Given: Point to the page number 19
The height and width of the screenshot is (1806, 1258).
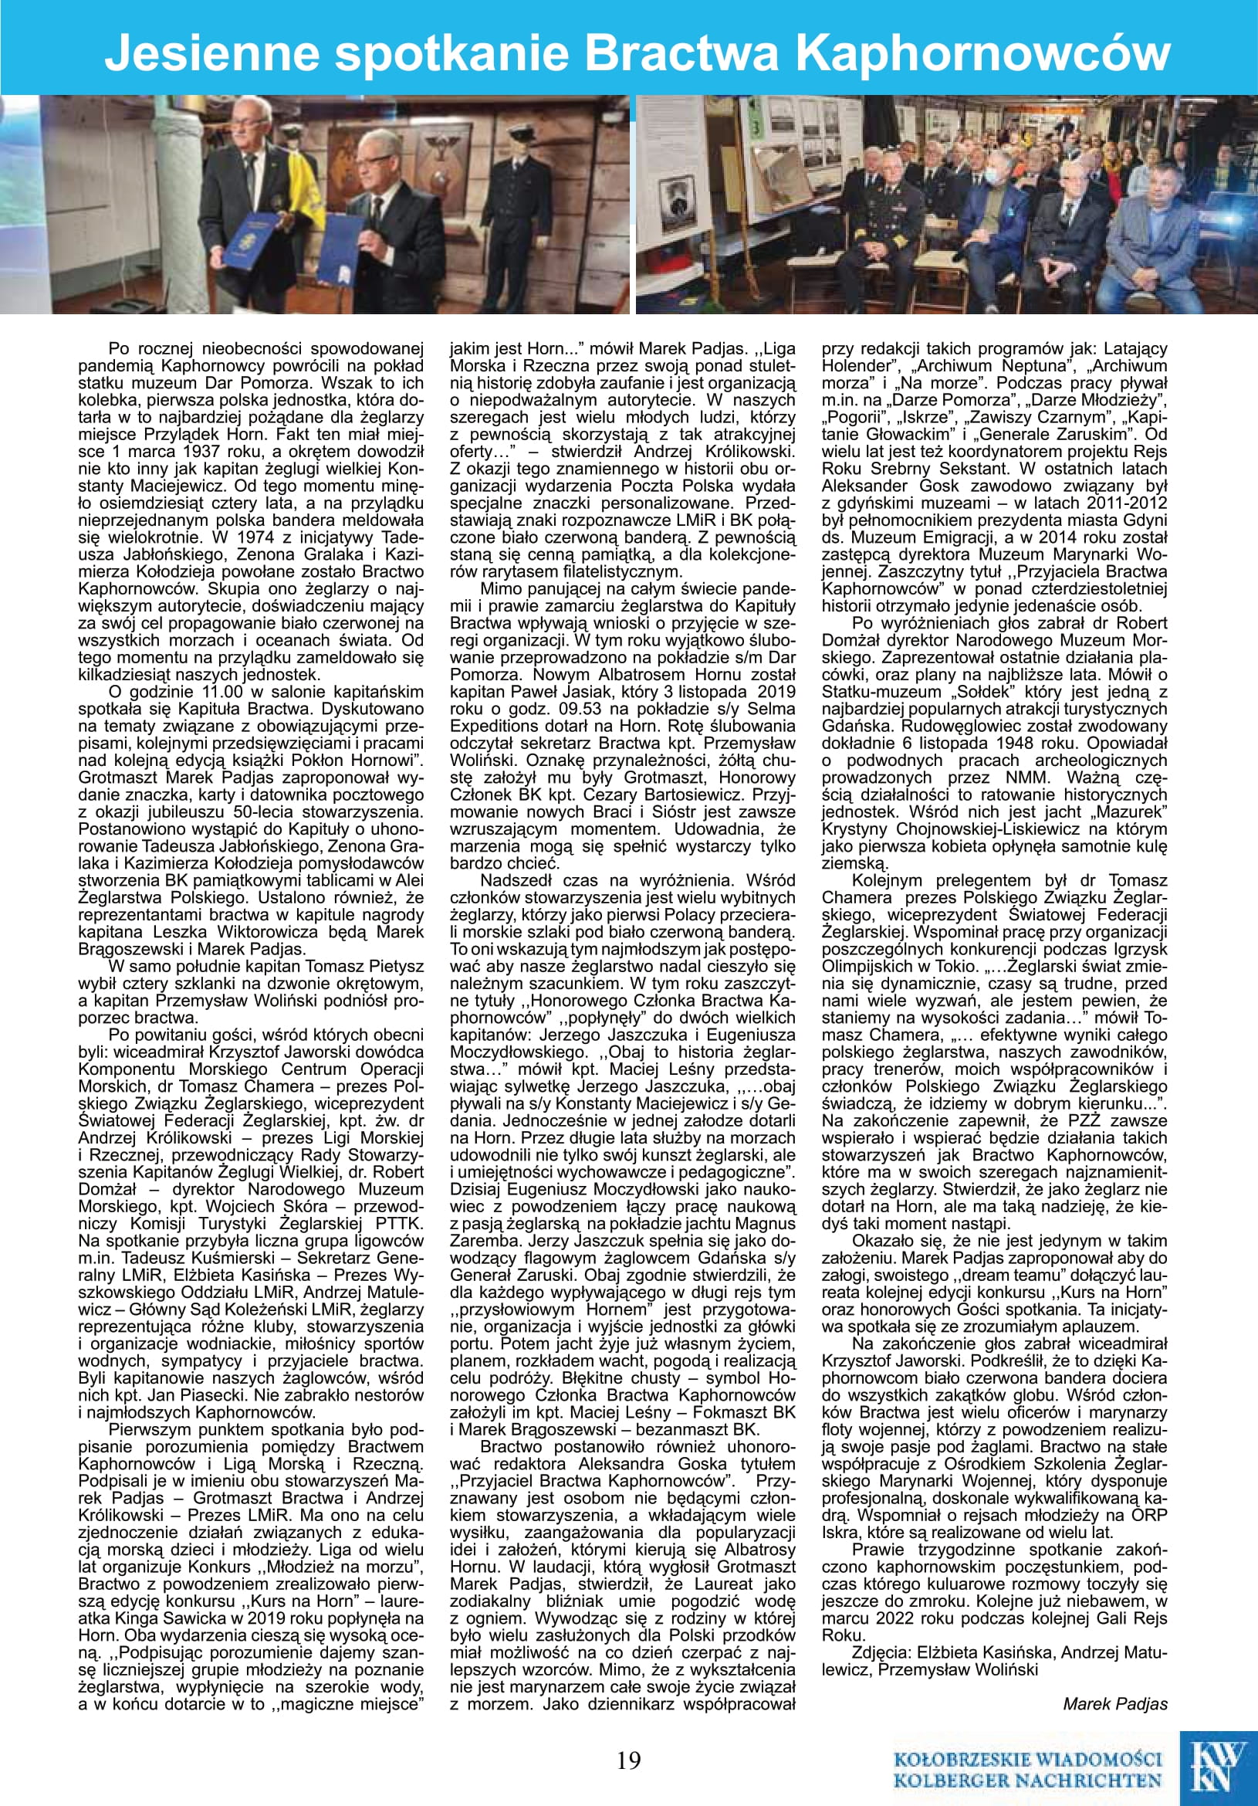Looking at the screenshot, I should pyautogui.click(x=629, y=1760).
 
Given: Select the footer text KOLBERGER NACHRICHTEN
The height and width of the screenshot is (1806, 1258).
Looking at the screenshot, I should pyautogui.click(x=1028, y=1780).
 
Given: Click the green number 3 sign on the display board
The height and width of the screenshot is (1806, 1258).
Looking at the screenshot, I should pyautogui.click(x=756, y=127).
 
